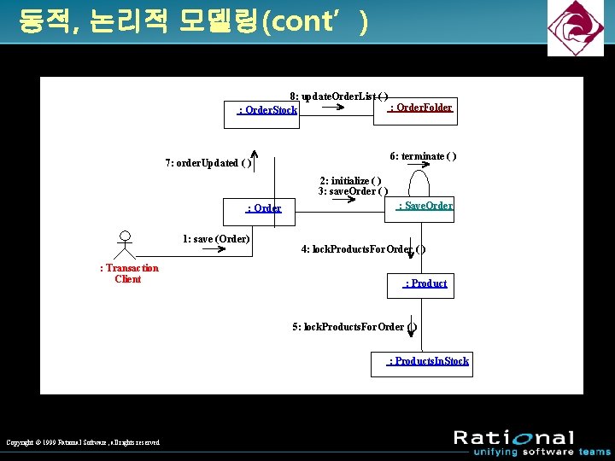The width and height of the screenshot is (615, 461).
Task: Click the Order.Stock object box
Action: coord(262,112)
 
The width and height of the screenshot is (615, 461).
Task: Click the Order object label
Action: coord(264,208)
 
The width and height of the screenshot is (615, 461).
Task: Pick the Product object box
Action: coord(426,283)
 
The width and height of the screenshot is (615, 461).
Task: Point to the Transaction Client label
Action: coord(129,273)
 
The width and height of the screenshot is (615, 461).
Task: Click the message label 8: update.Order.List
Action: coord(338,97)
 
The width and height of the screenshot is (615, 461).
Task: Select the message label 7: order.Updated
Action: coord(208,163)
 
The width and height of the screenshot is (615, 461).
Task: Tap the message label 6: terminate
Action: coord(423,156)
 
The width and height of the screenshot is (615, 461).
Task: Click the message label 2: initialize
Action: coord(350,181)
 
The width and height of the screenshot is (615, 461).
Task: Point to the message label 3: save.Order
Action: coord(353,191)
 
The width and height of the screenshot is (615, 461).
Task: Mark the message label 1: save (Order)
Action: coord(216,239)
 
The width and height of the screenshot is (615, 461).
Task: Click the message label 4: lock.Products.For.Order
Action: coord(363,249)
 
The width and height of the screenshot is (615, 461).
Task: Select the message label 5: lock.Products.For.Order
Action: coord(354,327)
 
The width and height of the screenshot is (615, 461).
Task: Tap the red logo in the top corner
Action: coord(575,28)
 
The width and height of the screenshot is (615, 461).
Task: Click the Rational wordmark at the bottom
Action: coord(513,438)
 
